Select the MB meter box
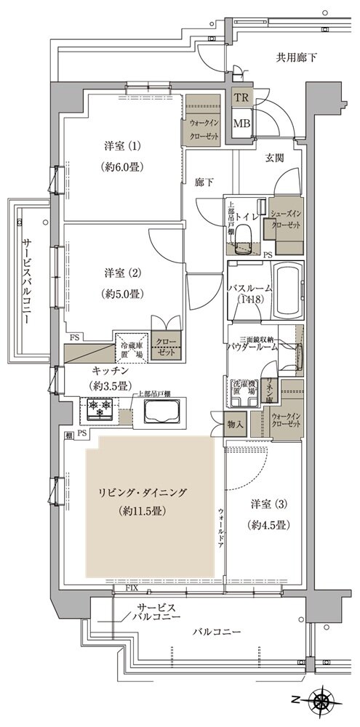pos(241,123)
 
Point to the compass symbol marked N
pos(322,703)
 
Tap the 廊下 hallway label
pos(204,183)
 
